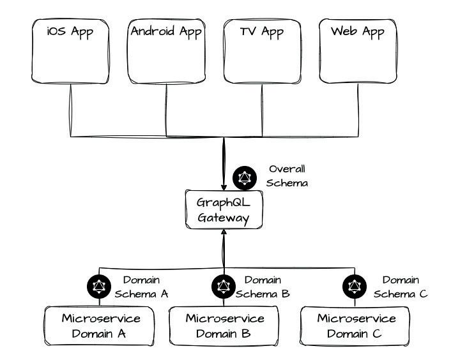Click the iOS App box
70,52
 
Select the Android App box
166,52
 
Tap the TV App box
262,52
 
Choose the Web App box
358,52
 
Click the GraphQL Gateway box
223,209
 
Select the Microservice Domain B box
224,326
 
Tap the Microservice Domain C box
356,326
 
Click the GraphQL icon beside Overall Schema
245,178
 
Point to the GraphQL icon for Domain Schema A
99,287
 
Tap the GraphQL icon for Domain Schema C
355,287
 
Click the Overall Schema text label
287,176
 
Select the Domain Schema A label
141,287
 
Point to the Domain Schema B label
263,287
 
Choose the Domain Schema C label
401,287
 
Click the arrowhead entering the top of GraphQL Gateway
224,186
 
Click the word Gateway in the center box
222,217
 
